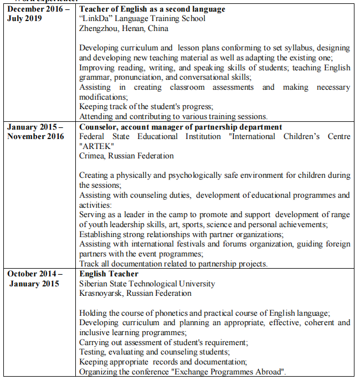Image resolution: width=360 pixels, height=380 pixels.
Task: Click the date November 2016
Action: tap(35, 137)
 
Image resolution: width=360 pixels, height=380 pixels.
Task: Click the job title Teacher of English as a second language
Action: tap(145, 9)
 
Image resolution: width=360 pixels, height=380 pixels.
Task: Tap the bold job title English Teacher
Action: tap(109, 274)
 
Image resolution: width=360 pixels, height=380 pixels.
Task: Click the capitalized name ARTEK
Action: tap(97, 146)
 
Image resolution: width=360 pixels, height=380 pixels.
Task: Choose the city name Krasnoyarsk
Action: tap(102, 293)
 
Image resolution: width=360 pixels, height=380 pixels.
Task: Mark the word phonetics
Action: tap(158, 313)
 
